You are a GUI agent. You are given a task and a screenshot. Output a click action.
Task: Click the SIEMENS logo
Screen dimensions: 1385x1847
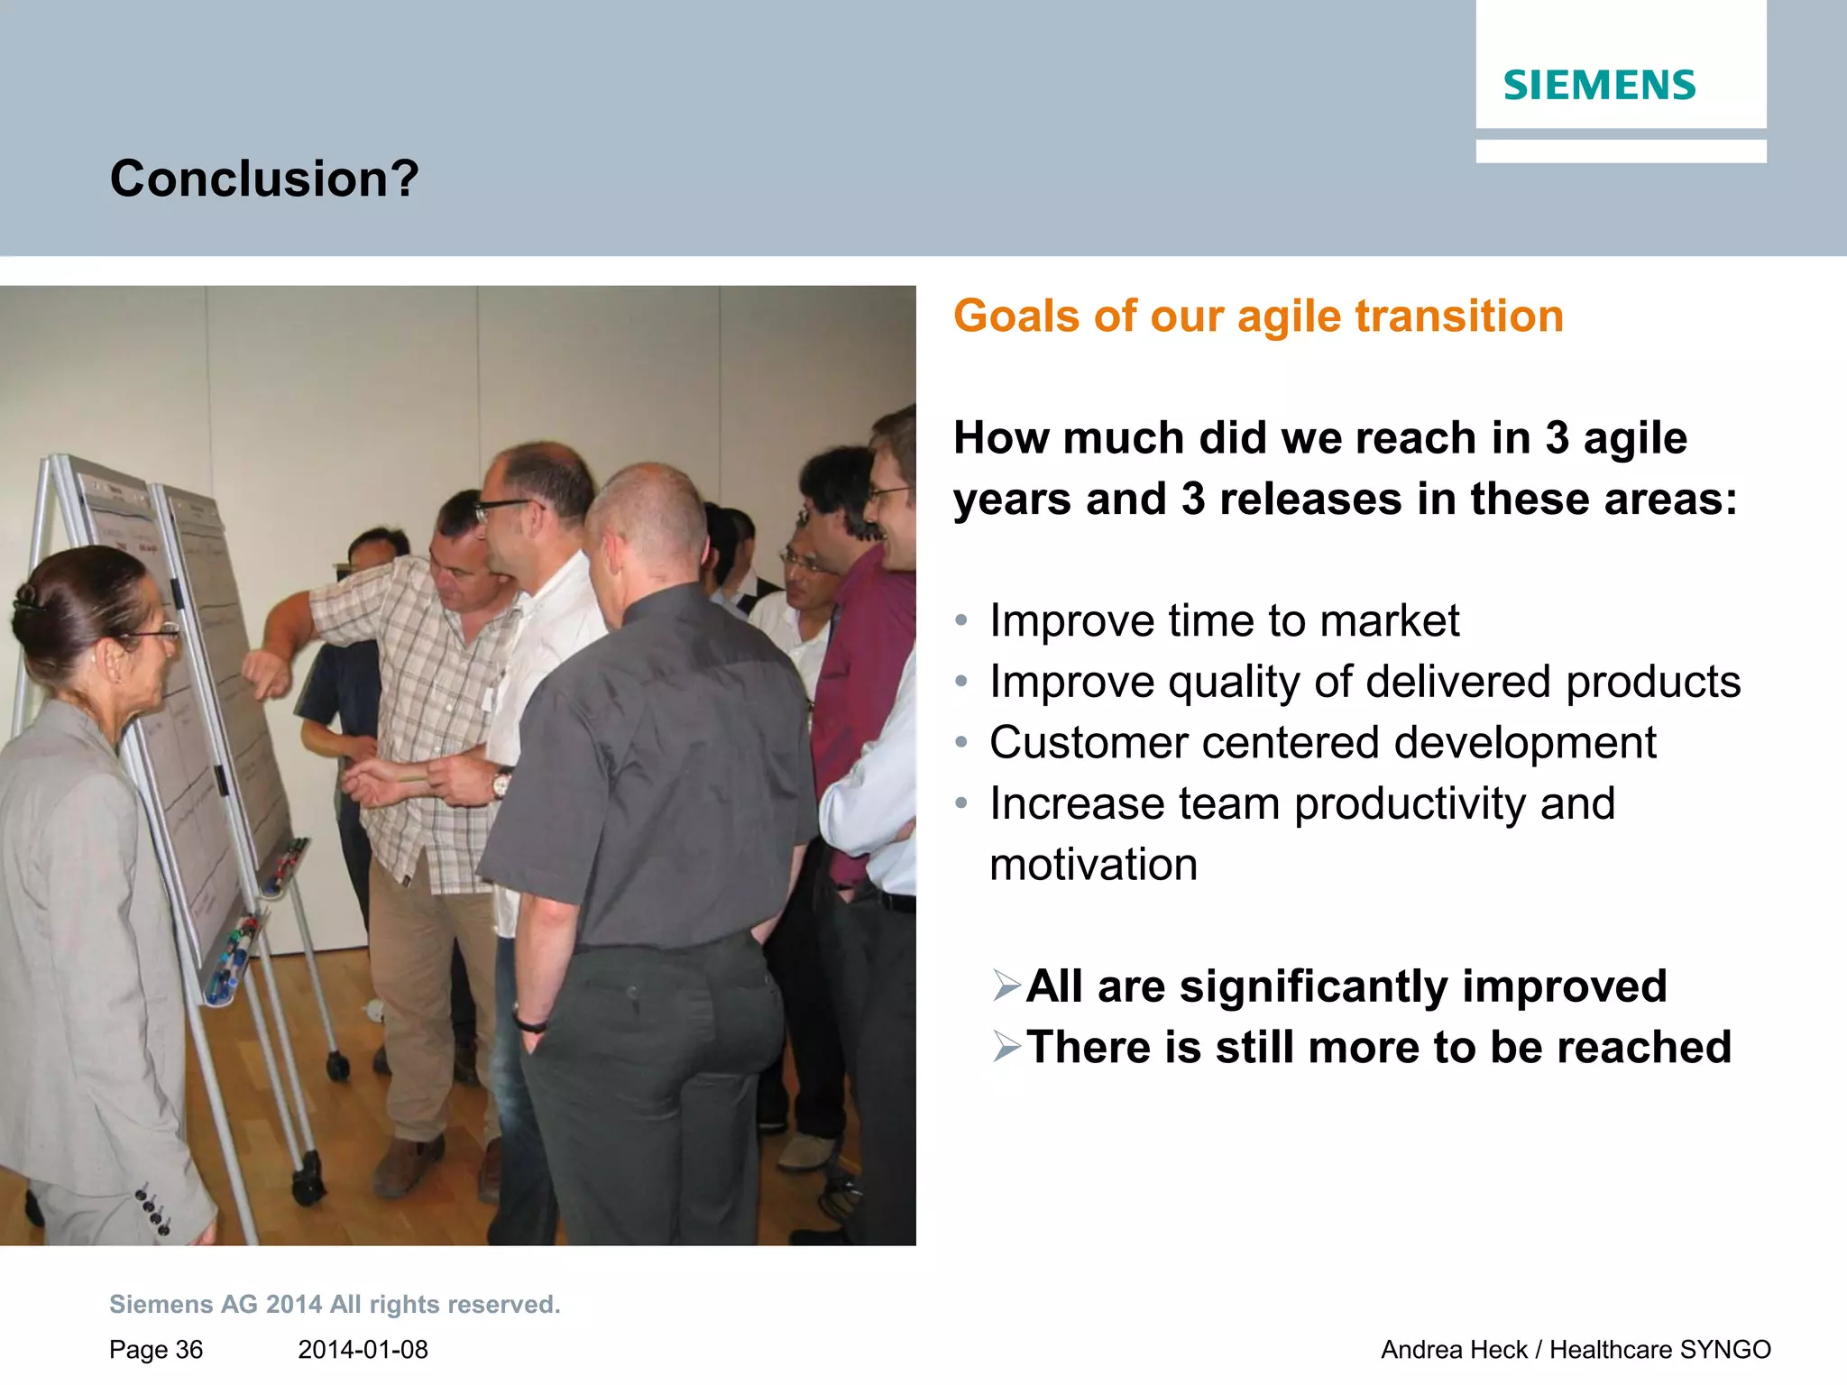coord(1599,86)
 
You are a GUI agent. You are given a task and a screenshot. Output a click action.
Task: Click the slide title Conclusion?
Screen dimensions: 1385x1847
coord(264,179)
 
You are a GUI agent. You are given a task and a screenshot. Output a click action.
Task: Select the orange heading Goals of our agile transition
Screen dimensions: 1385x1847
coord(1258,316)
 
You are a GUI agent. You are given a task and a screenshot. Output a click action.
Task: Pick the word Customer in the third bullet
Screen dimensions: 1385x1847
coord(1088,743)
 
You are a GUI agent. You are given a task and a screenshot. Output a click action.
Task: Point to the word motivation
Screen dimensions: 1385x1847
coord(1093,865)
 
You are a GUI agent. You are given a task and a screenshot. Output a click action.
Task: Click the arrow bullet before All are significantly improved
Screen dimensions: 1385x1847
coord(1006,986)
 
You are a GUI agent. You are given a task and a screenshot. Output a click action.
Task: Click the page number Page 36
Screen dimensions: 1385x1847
coord(156,1350)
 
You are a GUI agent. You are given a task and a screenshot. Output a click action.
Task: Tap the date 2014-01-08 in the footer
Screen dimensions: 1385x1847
coord(363,1350)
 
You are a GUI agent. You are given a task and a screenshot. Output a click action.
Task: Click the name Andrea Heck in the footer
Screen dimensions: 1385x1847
coord(1453,1350)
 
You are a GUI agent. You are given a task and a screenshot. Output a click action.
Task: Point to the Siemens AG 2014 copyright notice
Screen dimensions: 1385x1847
coord(335,1305)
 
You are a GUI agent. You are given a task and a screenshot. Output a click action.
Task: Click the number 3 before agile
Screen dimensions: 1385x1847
coord(1557,439)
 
